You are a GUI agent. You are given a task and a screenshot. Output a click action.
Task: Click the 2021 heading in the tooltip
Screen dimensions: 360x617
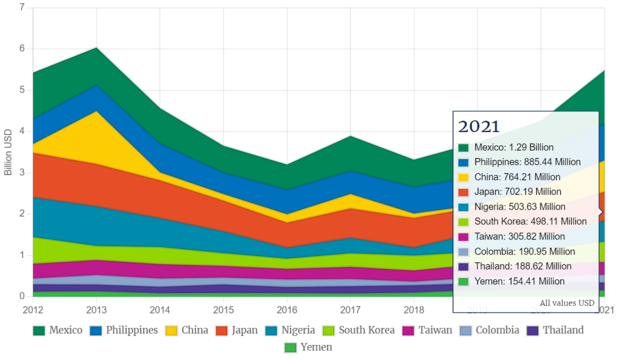pyautogui.click(x=479, y=127)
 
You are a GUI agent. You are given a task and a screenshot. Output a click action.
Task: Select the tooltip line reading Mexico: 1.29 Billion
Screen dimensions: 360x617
pyautogui.click(x=513, y=147)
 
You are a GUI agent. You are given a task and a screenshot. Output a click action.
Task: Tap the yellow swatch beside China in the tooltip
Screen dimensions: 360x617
pyautogui.click(x=463, y=177)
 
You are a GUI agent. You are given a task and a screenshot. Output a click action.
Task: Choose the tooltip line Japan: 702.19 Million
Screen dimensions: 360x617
pyautogui.click(x=517, y=192)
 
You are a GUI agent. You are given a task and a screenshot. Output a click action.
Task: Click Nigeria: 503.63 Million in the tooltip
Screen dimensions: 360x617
pyautogui.click(x=520, y=207)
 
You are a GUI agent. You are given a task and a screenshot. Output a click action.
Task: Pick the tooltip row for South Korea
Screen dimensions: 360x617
pyautogui.click(x=530, y=221)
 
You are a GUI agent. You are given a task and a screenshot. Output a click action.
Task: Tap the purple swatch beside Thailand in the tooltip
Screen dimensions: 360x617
pyautogui.click(x=463, y=267)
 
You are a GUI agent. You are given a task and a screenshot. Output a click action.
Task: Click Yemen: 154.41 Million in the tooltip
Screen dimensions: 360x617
pyautogui.click(x=519, y=281)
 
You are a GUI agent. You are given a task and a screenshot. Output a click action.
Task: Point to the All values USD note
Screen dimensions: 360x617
pyautogui.click(x=567, y=303)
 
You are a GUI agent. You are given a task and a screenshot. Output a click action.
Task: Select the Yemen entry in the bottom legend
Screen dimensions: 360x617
pyautogui.click(x=308, y=348)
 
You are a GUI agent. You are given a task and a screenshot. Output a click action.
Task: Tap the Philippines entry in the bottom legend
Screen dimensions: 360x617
pyautogui.click(x=123, y=330)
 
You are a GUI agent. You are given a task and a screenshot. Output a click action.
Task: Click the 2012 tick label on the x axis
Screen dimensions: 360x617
pyautogui.click(x=33, y=309)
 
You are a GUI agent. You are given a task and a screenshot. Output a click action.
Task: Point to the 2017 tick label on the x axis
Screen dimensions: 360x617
pyautogui.click(x=350, y=309)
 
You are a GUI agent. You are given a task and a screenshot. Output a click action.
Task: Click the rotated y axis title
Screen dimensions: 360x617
pyautogui.click(x=8, y=151)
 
